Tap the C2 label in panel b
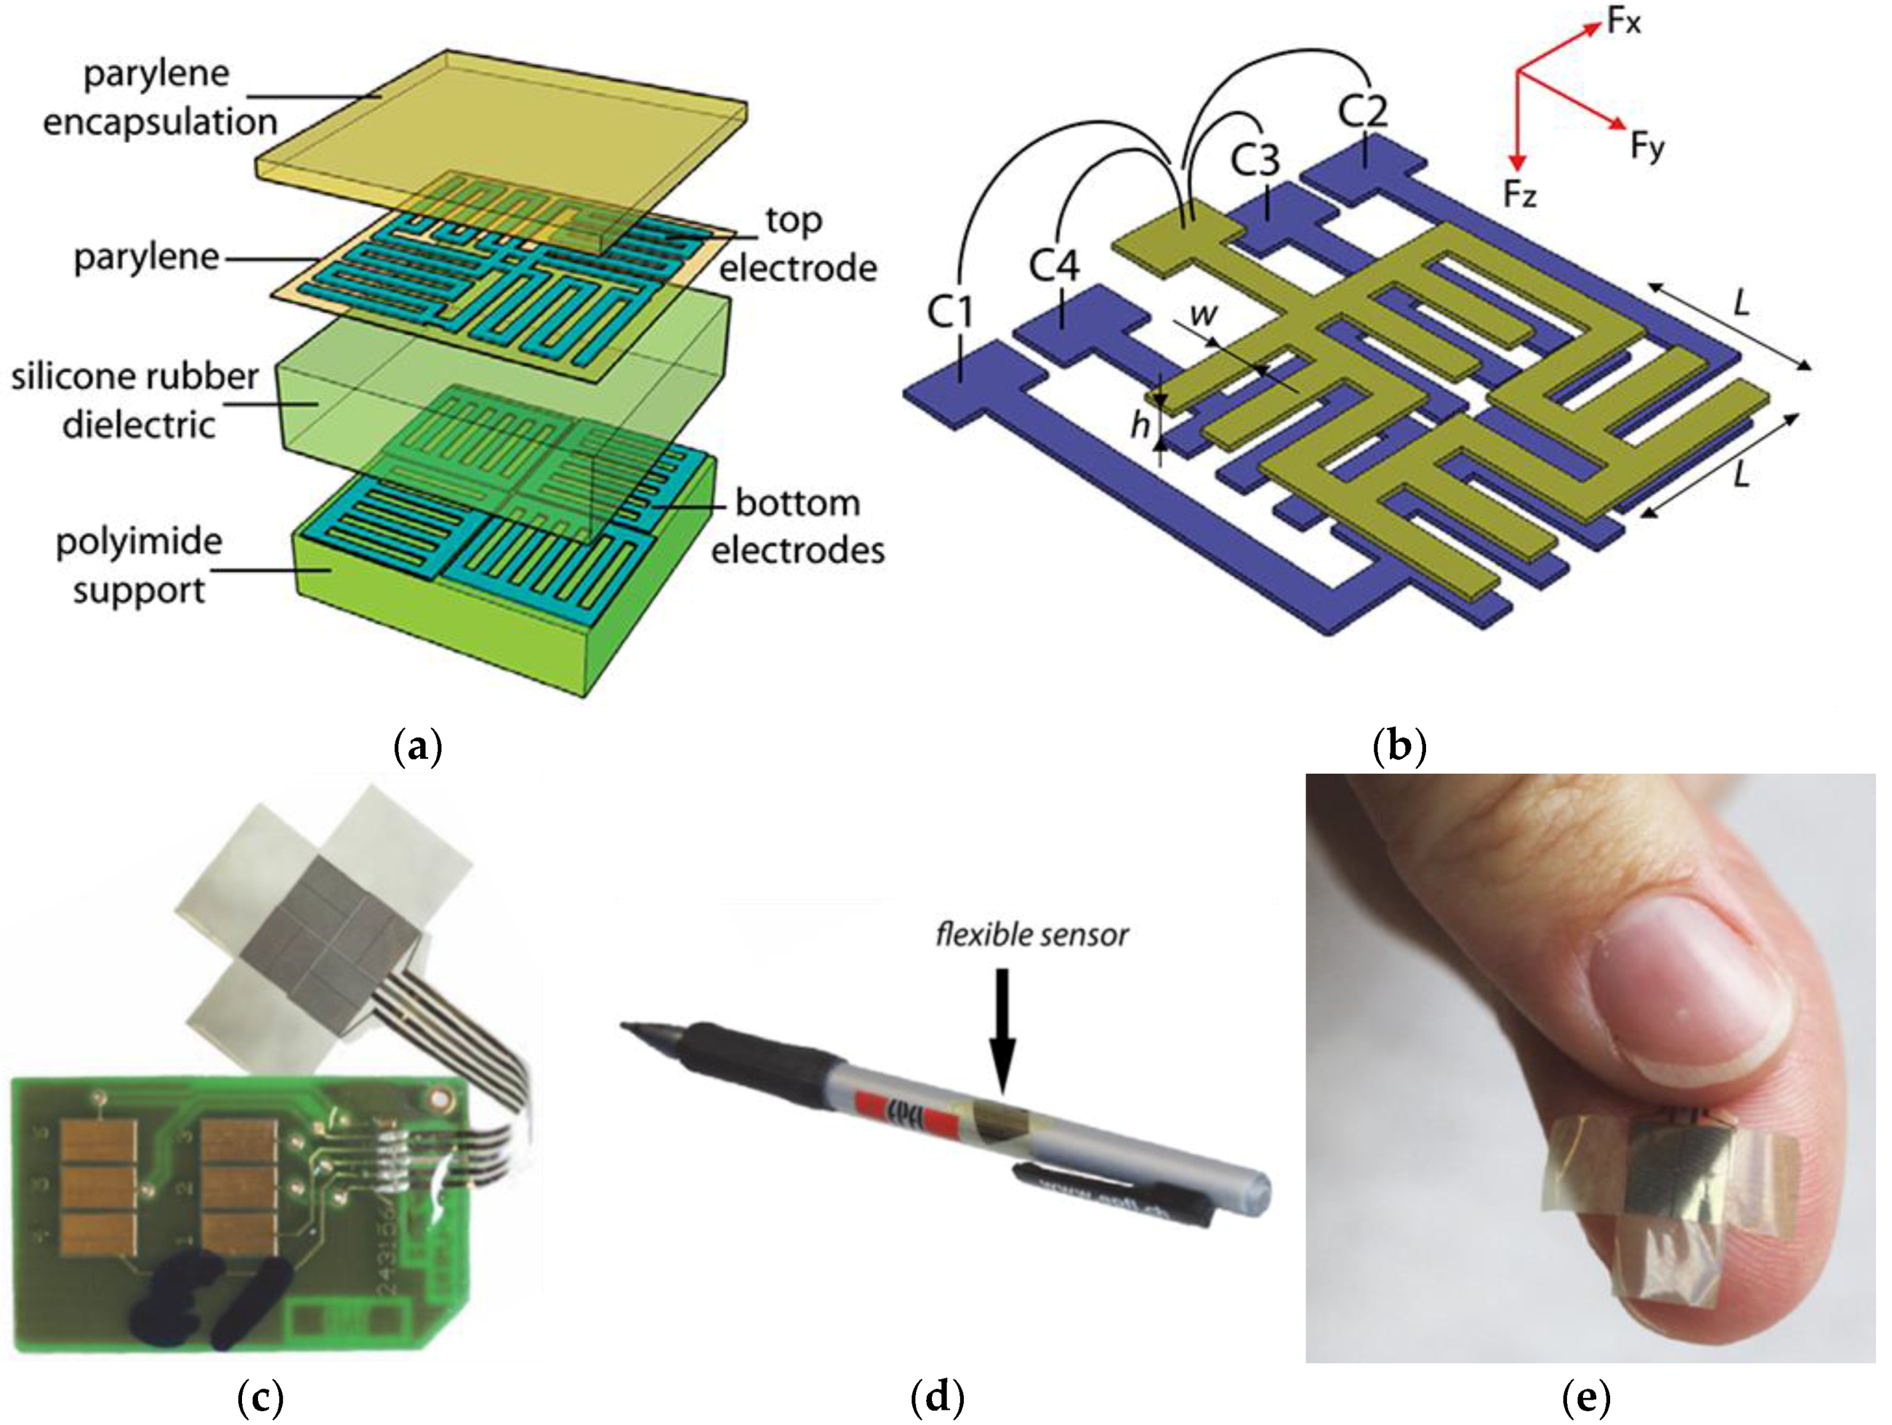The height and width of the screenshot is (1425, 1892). (x=1363, y=111)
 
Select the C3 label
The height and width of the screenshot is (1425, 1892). (x=1254, y=160)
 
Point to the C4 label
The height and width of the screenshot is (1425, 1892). (x=1054, y=266)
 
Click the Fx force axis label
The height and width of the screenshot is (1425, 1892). (x=1623, y=21)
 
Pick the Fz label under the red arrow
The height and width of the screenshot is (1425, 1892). (x=1520, y=195)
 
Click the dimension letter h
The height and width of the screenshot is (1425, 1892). (x=1139, y=423)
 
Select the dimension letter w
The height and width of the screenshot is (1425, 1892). (x=1203, y=314)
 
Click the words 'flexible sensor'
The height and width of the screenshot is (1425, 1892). (x=1032, y=935)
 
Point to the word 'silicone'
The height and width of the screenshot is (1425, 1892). (x=77, y=376)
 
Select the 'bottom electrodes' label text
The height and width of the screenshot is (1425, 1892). (x=797, y=526)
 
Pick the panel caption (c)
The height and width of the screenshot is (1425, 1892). (x=259, y=1398)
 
